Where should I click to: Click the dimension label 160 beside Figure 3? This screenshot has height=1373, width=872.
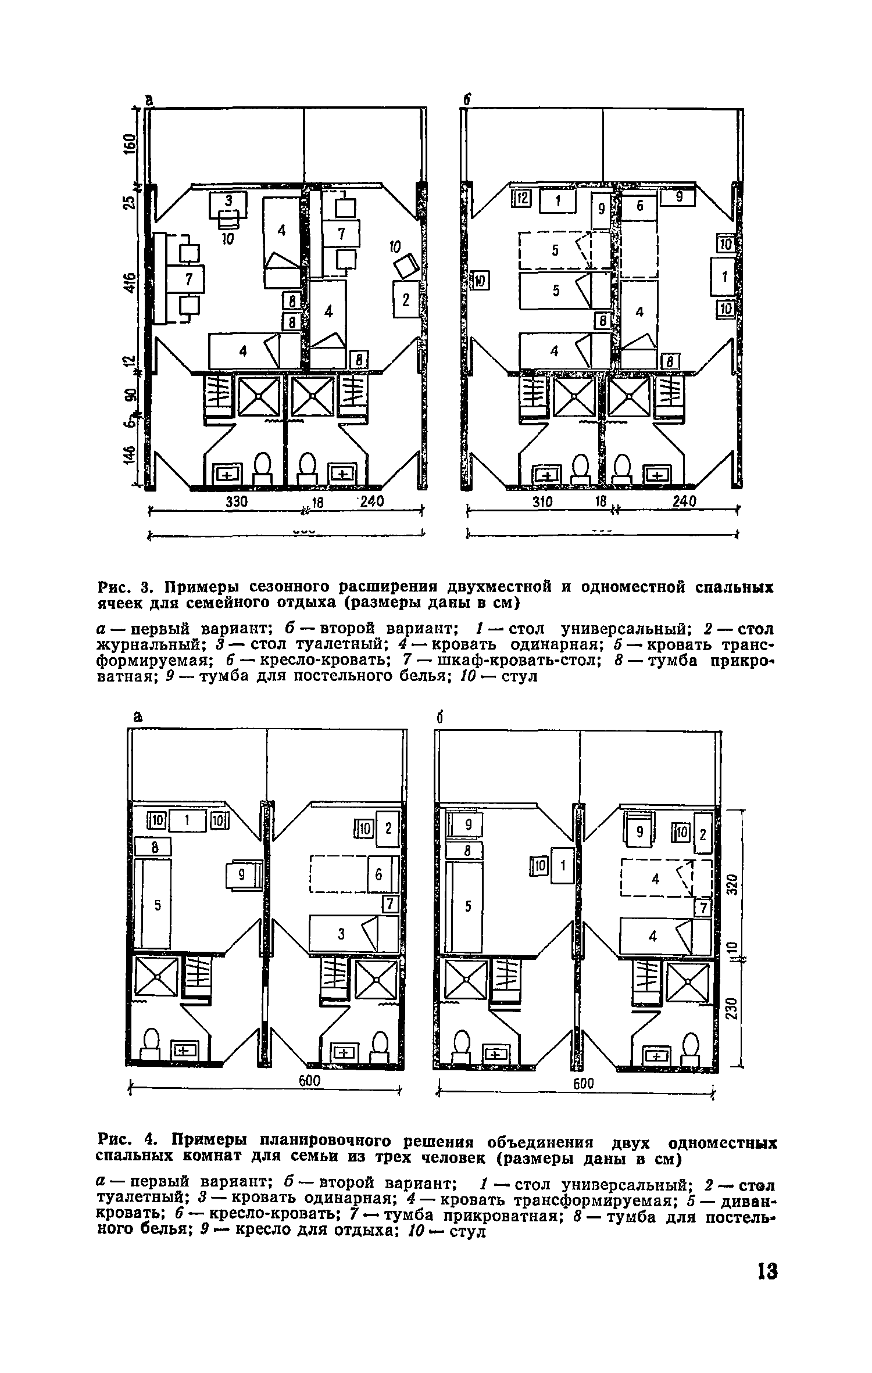[129, 144]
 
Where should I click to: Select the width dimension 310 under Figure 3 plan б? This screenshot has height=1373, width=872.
[543, 501]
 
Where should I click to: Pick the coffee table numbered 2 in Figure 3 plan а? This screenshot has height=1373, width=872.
[406, 299]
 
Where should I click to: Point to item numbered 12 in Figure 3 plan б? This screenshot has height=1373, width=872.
[521, 199]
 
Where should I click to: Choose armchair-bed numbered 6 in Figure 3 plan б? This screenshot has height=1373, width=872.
[639, 206]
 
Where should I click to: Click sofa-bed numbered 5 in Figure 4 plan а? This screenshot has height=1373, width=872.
[153, 906]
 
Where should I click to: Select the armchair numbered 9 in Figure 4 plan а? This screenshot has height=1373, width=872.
[244, 875]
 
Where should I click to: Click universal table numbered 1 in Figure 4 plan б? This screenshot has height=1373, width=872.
[562, 866]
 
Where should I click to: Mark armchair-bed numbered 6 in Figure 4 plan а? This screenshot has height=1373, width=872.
[379, 874]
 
